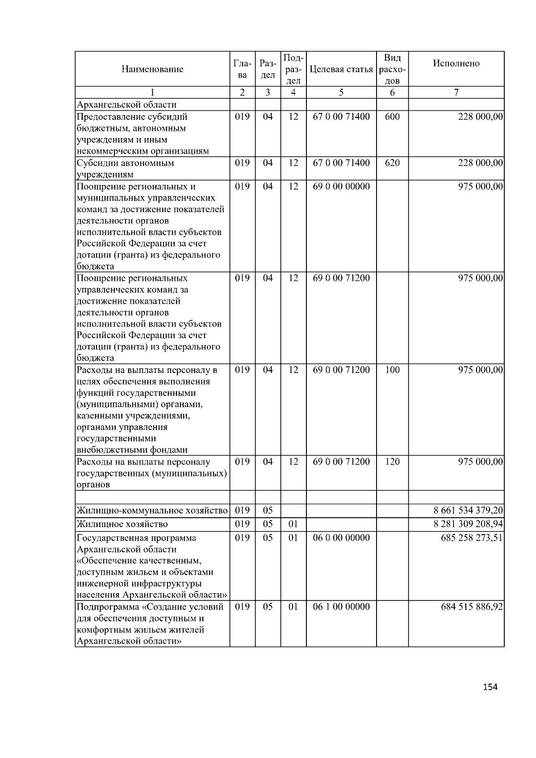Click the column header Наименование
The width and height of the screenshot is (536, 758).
(152, 69)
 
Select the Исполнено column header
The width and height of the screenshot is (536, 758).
(456, 63)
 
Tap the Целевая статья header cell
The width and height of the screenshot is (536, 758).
(341, 69)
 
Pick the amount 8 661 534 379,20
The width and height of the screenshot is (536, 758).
(468, 511)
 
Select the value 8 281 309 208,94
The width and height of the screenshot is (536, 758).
(468, 524)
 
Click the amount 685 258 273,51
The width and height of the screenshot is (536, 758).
(472, 538)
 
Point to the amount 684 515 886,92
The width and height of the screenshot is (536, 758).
(472, 607)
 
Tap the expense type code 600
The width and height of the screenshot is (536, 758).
(392, 117)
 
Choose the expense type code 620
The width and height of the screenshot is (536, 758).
(392, 163)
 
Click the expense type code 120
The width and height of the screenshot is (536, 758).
(392, 462)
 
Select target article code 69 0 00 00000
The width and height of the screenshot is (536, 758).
(341, 187)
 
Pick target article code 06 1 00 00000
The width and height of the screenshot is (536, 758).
(341, 607)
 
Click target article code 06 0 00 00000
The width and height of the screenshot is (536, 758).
(341, 538)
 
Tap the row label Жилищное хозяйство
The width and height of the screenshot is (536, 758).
(122, 524)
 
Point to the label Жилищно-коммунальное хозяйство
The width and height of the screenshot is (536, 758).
(152, 511)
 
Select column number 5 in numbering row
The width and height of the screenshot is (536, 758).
(341, 92)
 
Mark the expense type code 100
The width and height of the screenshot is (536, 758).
(392, 370)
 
